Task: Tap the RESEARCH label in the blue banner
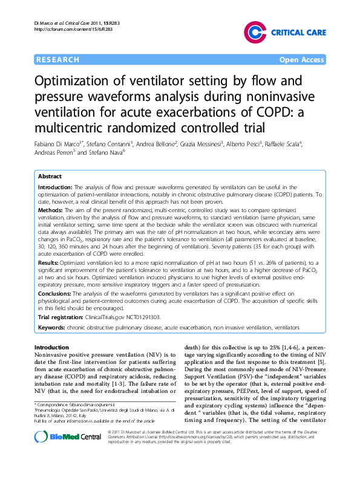(57, 60)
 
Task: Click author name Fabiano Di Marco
(61, 146)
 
